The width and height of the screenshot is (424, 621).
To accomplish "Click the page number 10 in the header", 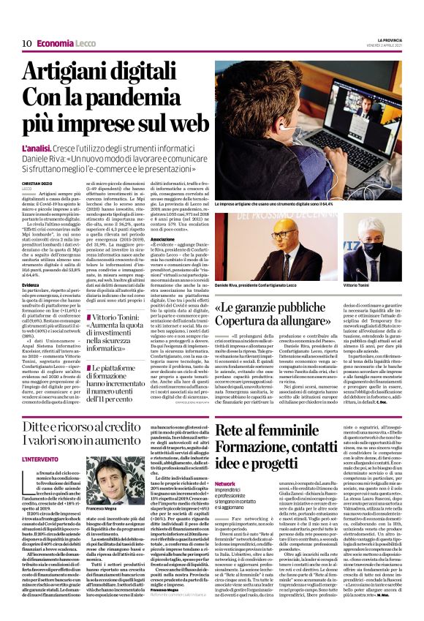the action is [26, 43].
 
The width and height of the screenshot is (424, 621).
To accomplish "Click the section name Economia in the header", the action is [56, 43].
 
